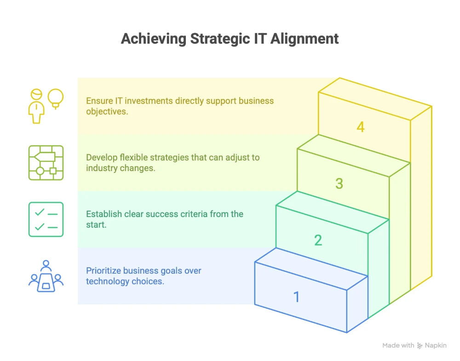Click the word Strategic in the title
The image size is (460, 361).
pyautogui.click(x=220, y=39)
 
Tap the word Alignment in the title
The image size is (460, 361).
pyautogui.click(x=305, y=39)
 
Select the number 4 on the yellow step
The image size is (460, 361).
pyautogui.click(x=361, y=127)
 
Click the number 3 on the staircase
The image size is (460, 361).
pyautogui.click(x=339, y=183)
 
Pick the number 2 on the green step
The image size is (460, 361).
pyautogui.click(x=318, y=240)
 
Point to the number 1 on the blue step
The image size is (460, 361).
pyautogui.click(x=297, y=297)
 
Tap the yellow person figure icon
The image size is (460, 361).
pyautogui.click(x=36, y=106)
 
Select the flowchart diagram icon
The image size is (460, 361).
pyautogui.click(x=46, y=163)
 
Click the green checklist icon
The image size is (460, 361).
pyautogui.click(x=46, y=219)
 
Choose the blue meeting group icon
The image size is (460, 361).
pyautogui.click(x=46, y=276)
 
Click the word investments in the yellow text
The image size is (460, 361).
pyautogui.click(x=149, y=101)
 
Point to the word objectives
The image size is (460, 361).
pyautogui.click(x=107, y=112)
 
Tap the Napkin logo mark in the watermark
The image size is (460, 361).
pyautogui.click(x=420, y=346)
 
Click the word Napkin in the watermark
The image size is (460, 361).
pyautogui.click(x=436, y=346)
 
